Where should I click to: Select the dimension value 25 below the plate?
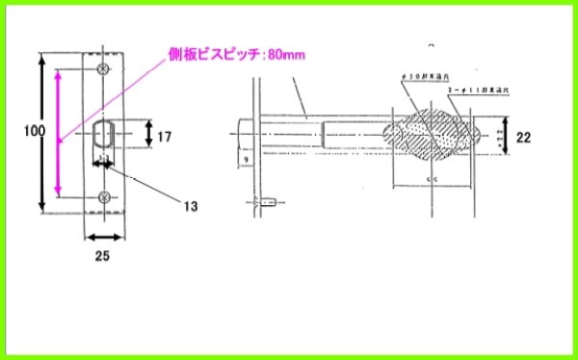click(101, 256)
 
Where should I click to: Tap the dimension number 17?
click(165, 138)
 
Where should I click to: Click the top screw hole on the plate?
click(106, 69)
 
